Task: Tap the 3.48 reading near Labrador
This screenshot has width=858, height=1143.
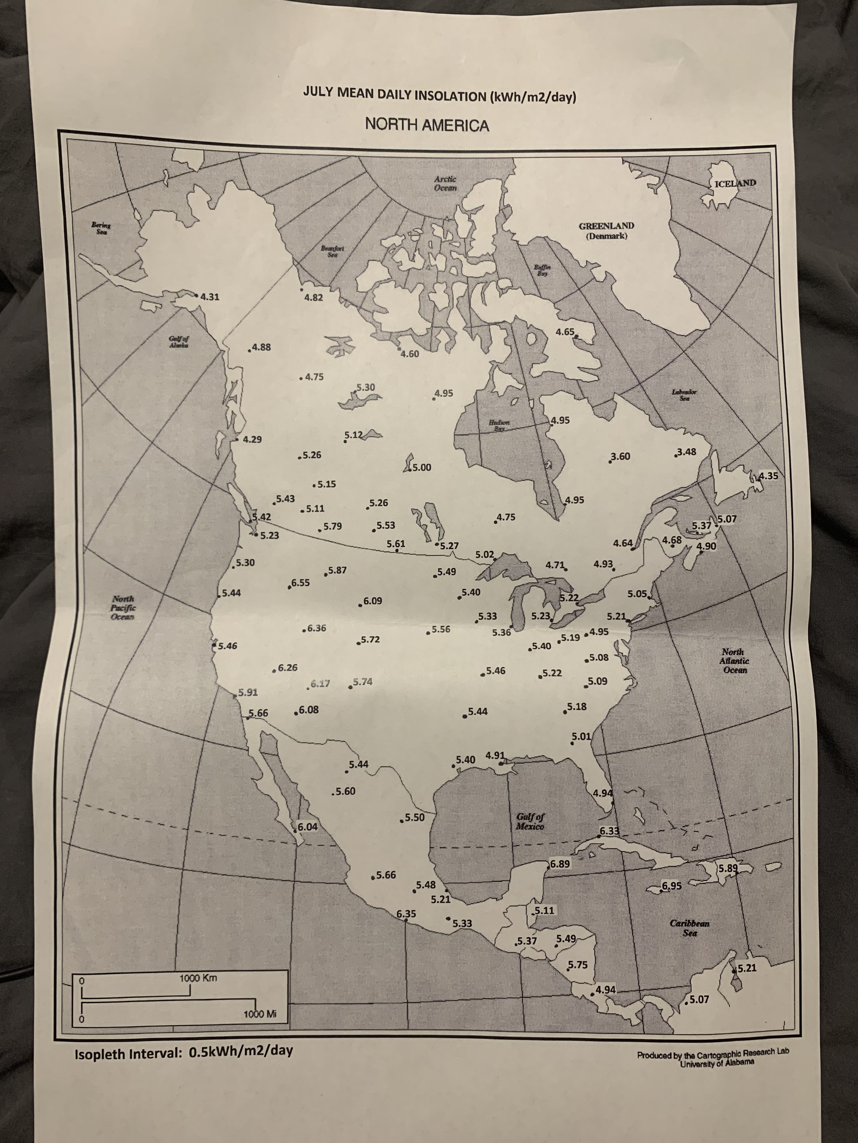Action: [686, 452]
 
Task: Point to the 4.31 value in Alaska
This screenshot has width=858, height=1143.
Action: [209, 297]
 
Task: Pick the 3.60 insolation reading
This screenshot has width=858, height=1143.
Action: [620, 456]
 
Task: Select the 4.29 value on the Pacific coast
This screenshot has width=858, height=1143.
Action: [252, 440]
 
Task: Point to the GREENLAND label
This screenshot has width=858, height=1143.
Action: [606, 226]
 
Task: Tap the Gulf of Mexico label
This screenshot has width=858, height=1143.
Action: [530, 822]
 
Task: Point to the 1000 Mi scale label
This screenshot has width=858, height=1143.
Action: [260, 1014]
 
